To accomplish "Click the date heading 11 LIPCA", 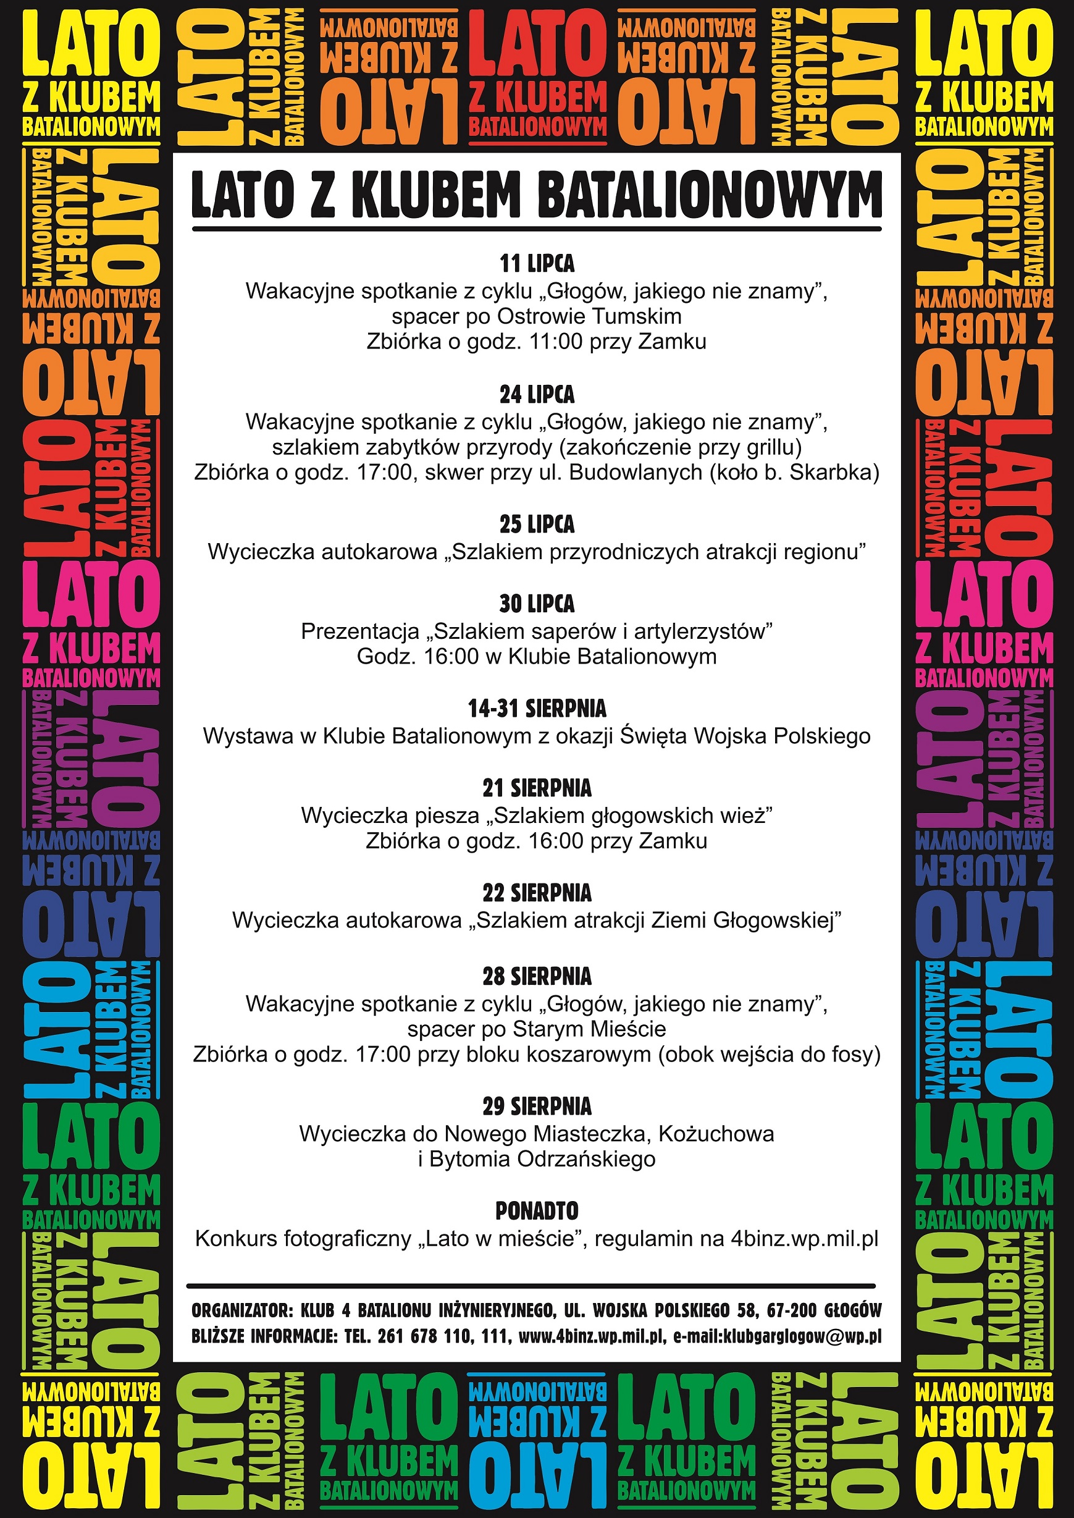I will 537,264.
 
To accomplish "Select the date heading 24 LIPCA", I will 537,395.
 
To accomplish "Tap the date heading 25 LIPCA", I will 537,525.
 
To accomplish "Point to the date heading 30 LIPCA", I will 537,604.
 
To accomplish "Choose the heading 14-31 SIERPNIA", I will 537,709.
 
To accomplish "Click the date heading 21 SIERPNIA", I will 537,788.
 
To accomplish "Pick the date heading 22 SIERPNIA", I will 537,893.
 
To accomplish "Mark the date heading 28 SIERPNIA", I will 537,976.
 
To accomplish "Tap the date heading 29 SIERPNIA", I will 537,1106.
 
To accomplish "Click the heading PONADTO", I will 537,1211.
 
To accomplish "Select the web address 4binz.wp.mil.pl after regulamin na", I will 804,1239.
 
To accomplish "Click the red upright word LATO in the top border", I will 537,45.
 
